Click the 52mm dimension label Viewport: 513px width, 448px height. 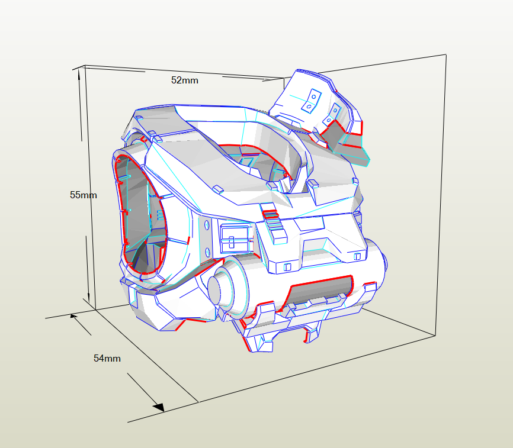[x=184, y=80]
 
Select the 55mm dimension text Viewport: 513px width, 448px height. [x=84, y=195]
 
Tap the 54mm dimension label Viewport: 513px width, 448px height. [x=107, y=359]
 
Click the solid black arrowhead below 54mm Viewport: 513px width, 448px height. [x=159, y=407]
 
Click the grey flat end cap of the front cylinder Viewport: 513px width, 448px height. [x=214, y=290]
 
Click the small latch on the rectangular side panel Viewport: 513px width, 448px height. [x=232, y=242]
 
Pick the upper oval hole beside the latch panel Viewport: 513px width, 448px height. [x=207, y=225]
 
